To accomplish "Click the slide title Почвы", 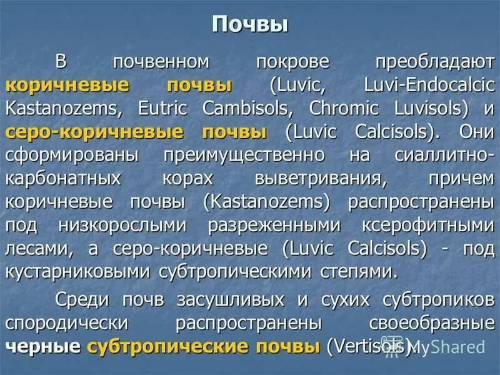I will click(x=250, y=24).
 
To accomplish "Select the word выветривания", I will click(x=318, y=178).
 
